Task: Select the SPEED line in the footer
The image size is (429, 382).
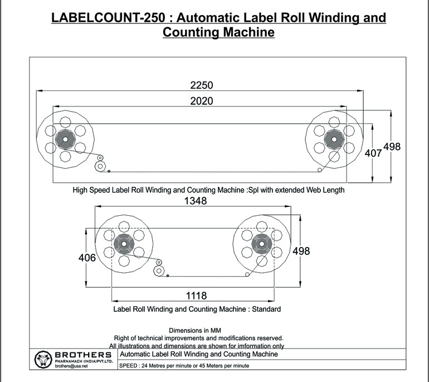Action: (184, 365)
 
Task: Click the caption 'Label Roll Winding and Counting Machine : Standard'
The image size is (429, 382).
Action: (197, 308)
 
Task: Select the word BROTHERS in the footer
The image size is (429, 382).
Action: (84, 355)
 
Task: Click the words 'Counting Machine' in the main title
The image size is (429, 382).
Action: (218, 32)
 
